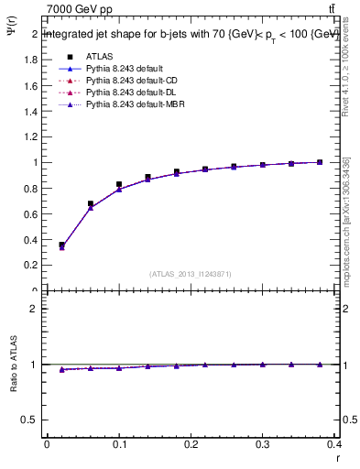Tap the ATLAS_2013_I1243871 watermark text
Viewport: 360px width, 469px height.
(x=191, y=274)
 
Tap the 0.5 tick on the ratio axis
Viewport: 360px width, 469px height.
(x=33, y=420)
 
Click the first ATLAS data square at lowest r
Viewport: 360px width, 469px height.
(x=61, y=245)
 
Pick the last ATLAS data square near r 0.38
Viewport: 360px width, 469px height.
(x=320, y=162)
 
